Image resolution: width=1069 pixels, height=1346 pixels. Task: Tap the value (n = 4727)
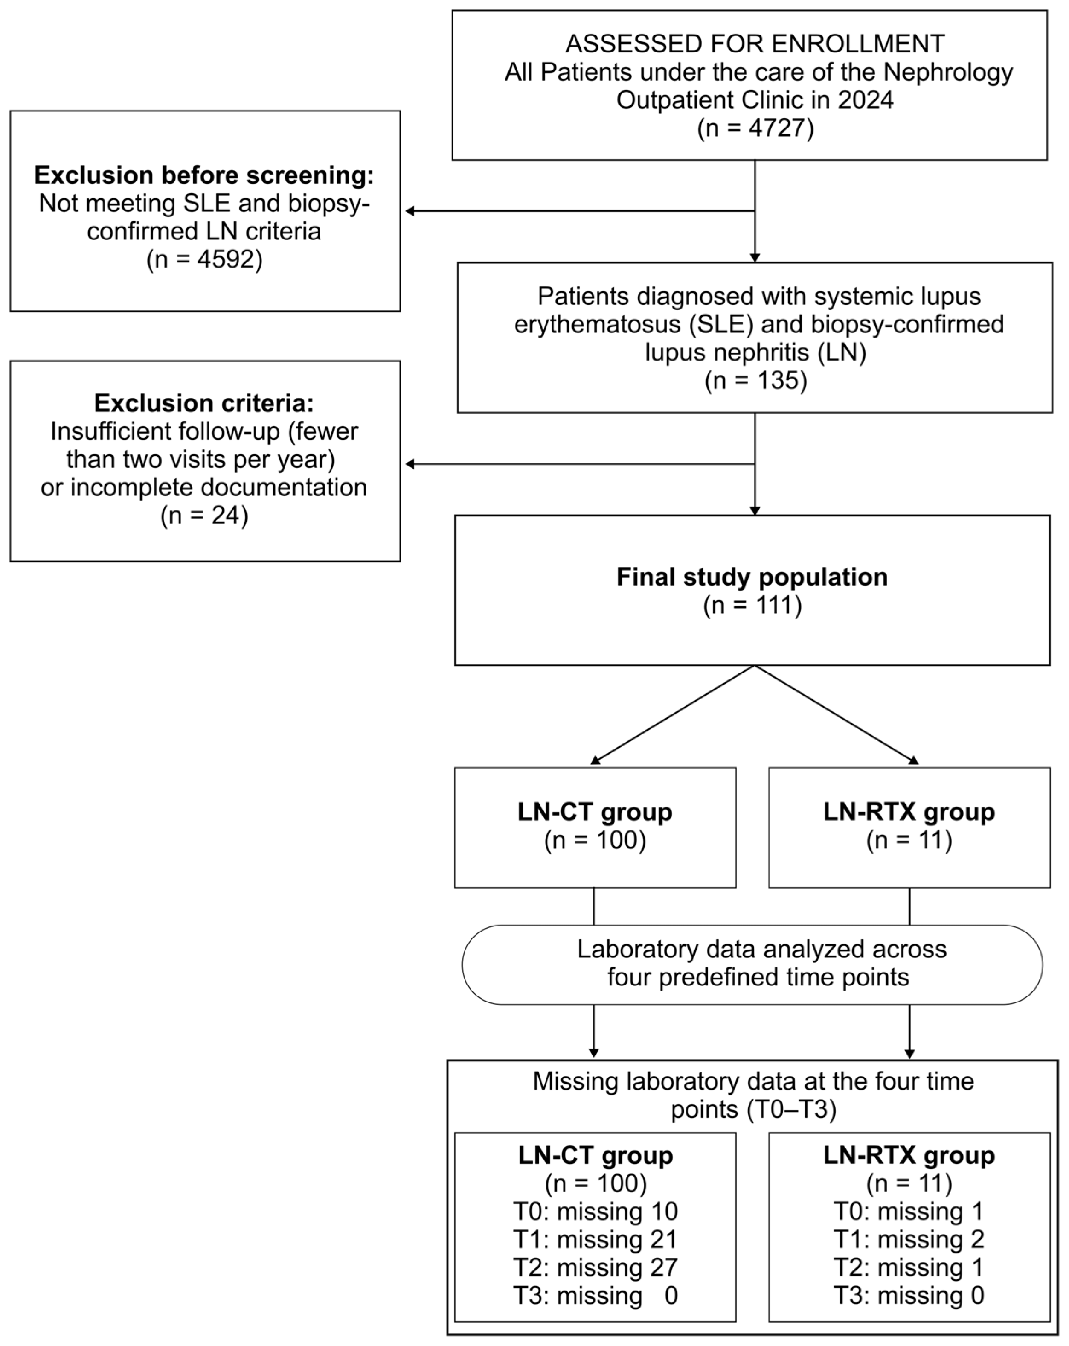click(x=755, y=128)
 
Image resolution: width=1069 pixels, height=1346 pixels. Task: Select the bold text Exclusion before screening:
click(x=204, y=175)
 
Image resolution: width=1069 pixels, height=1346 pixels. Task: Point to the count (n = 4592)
click(x=204, y=259)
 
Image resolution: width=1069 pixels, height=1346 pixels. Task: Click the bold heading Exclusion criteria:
click(x=204, y=403)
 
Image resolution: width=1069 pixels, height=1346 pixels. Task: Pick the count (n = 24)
click(x=204, y=516)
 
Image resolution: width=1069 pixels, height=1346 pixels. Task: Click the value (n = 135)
click(x=755, y=380)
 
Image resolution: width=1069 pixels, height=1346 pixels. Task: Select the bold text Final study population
click(x=752, y=577)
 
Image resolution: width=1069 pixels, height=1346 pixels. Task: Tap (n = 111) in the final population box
click(x=752, y=605)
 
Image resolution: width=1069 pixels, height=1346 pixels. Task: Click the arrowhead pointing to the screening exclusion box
click(x=410, y=211)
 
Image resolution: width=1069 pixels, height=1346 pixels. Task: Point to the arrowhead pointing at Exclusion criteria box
click(x=410, y=464)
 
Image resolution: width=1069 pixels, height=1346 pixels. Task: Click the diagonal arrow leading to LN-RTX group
click(x=836, y=715)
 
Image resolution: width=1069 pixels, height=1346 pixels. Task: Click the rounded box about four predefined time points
click(x=752, y=964)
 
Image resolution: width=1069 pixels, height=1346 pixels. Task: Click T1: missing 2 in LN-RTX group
click(x=909, y=1240)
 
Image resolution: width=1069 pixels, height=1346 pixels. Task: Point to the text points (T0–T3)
click(x=753, y=1110)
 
